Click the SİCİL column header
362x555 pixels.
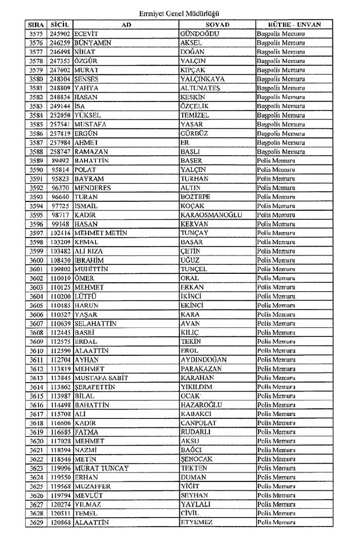[x=60, y=24]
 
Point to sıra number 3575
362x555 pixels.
[x=36, y=33]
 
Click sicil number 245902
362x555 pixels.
[x=60, y=33]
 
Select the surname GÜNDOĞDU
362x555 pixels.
[x=200, y=33]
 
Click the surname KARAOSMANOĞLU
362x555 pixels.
[x=208, y=215]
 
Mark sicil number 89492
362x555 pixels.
[x=61, y=160]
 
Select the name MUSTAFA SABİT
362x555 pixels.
[x=101, y=378]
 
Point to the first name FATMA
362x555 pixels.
[x=86, y=432]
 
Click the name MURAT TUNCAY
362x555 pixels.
[x=101, y=468]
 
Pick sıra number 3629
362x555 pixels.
[x=36, y=523]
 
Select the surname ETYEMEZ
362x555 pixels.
[x=198, y=523]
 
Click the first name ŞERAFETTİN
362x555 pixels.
[x=96, y=387]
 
